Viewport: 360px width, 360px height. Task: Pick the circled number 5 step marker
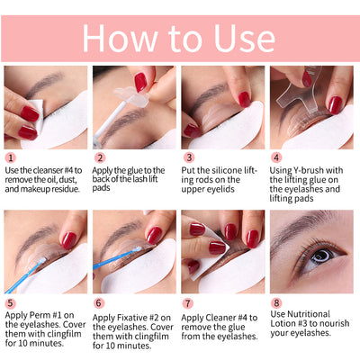coord(10,304)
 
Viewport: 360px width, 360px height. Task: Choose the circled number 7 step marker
coord(187,304)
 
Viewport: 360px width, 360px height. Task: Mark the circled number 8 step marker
coord(275,304)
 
